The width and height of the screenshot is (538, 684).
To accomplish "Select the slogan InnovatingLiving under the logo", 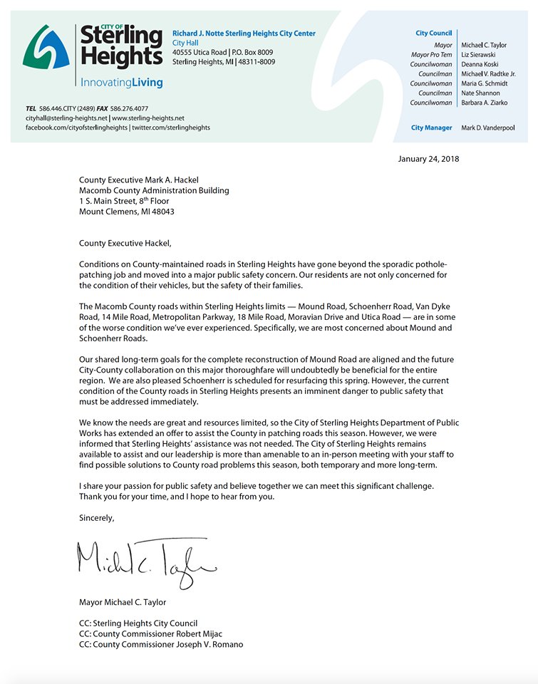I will tap(121, 83).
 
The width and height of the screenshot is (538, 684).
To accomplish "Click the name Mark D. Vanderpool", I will tap(494, 128).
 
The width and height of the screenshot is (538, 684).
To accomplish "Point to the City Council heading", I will tap(433, 33).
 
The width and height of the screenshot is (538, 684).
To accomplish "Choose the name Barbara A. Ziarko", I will tap(487, 103).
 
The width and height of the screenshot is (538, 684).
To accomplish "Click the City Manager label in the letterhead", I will tap(432, 128).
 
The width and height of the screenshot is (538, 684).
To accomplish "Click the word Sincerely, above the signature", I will tap(97, 518).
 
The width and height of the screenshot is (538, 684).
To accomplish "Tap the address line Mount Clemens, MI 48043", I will tap(127, 212).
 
